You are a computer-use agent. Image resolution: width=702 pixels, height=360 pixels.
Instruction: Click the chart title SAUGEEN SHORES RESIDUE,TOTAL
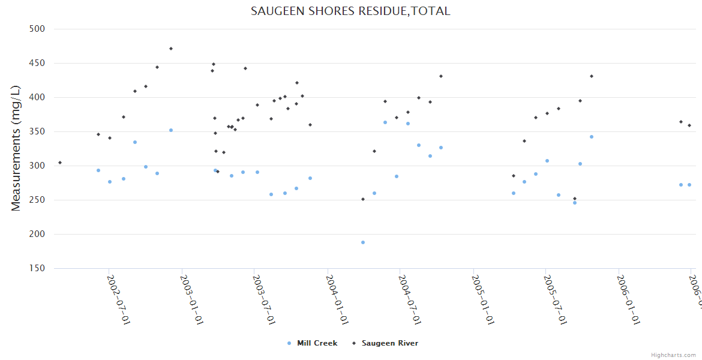[x=350, y=11]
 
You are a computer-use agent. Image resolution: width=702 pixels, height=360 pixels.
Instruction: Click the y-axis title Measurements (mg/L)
[x=16, y=148]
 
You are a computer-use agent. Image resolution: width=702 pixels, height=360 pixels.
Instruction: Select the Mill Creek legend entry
[x=317, y=343]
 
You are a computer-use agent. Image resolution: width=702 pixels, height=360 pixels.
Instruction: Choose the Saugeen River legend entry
[x=389, y=343]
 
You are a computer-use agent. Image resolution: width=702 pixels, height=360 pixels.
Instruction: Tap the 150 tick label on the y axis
[x=38, y=268]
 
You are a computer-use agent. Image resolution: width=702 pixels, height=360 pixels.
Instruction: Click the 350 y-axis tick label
[x=38, y=131]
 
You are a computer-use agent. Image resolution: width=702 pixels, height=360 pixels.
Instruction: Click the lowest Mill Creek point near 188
[x=363, y=242]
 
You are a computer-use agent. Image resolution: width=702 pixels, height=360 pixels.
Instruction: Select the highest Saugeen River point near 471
[x=171, y=49]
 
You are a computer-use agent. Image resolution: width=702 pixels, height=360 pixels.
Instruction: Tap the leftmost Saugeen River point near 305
[x=60, y=163]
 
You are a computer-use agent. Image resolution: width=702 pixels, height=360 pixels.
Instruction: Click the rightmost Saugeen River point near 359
[x=689, y=125]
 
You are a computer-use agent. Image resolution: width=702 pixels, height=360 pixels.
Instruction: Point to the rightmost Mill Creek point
[x=689, y=185]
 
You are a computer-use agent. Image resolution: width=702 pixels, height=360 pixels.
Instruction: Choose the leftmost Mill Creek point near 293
[x=98, y=170]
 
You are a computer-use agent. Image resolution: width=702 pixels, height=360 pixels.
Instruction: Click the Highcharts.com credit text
[x=674, y=355]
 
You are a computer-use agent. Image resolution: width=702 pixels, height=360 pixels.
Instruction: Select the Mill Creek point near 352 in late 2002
[x=171, y=130]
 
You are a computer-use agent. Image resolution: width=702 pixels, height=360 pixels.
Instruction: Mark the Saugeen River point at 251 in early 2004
[x=363, y=199]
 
